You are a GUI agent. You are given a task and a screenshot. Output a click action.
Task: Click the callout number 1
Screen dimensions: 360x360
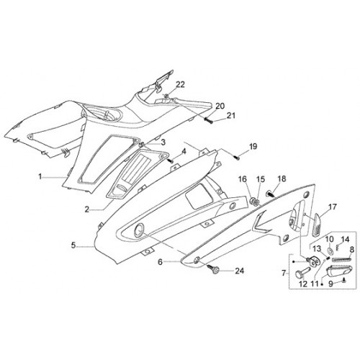coord(40,177)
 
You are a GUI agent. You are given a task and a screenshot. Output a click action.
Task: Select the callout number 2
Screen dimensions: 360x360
coord(87,210)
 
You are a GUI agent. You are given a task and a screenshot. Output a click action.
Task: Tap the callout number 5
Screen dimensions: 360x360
coord(73,246)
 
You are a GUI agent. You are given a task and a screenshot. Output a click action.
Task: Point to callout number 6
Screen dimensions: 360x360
coord(161,262)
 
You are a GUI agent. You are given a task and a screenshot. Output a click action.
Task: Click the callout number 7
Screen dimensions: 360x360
coord(284,273)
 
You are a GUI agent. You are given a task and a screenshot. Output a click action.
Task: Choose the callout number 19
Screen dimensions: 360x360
coord(253,146)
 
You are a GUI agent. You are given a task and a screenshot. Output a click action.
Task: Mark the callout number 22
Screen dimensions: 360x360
coord(180,84)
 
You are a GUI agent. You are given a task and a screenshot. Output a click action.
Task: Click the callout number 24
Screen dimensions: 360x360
coord(239,271)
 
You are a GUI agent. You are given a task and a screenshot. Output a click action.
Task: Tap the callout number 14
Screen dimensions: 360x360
coord(345,239)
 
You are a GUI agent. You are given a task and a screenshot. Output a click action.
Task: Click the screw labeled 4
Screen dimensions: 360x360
coord(171,160)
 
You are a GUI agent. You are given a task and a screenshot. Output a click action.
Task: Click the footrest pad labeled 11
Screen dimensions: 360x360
coord(339,271)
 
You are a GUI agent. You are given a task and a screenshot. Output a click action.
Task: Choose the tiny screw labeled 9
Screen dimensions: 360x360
coord(343,279)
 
